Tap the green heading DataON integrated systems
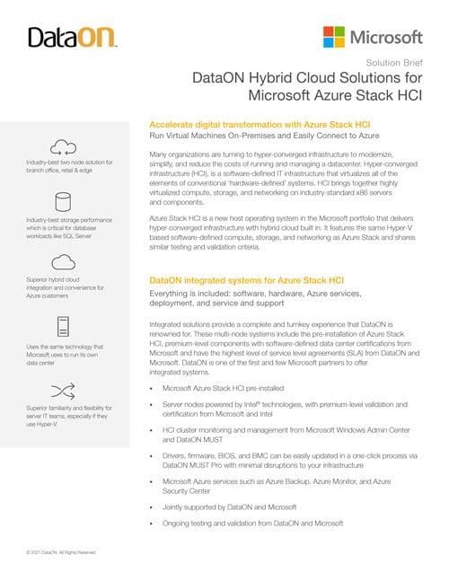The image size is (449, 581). click(x=243, y=281)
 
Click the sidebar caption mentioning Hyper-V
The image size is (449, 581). click(x=68, y=415)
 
